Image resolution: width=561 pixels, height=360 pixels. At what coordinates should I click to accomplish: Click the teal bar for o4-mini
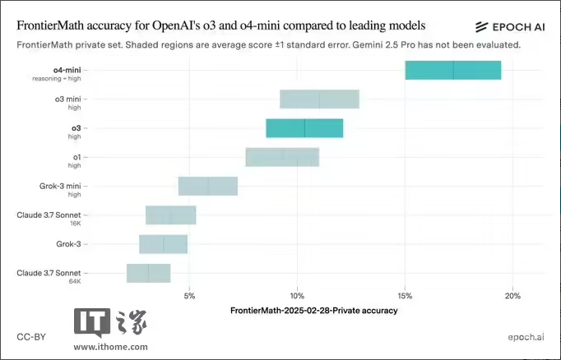coord(453,71)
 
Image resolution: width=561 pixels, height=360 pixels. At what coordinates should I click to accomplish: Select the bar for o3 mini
coord(319,99)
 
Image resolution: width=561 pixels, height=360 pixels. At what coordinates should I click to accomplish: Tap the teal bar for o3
coord(304,128)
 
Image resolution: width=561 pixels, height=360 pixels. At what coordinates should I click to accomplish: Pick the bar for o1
coord(282,157)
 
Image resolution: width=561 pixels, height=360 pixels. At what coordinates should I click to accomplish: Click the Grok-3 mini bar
coord(208,187)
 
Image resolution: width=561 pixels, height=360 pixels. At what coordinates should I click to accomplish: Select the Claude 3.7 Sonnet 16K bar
coord(171,215)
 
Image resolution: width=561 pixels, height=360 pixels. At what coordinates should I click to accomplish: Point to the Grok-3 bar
coord(163,244)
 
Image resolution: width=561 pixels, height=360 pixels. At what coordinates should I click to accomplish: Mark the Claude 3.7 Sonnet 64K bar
coord(148,273)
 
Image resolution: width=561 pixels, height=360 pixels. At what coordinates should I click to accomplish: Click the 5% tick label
coord(190,296)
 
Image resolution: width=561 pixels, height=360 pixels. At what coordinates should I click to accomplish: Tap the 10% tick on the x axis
coord(298,296)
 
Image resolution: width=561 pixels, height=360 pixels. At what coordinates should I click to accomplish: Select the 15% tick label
coord(405,296)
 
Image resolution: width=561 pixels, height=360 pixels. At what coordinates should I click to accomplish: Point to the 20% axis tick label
coord(512,296)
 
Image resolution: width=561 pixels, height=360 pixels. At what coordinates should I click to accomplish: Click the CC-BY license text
coord(30,337)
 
